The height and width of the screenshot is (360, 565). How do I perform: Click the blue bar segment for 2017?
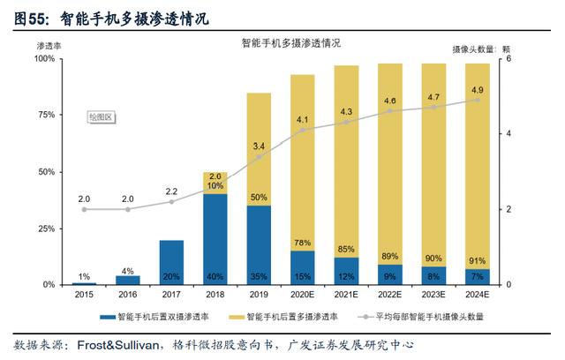coord(171,262)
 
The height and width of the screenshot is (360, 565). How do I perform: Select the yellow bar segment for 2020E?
coord(302,162)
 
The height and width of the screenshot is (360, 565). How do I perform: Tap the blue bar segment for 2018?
coord(215,239)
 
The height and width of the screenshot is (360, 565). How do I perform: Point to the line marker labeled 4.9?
coord(478,100)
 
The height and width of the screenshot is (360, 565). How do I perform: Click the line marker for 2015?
coord(84,209)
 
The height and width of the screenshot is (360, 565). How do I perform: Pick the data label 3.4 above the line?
coord(259,146)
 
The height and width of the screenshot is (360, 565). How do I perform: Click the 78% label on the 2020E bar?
coord(302,243)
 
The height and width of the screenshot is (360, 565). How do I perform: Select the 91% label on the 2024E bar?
coord(477,260)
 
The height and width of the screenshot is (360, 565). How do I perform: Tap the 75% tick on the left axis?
coord(47,115)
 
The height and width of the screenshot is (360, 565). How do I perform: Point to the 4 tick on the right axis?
coord(508,133)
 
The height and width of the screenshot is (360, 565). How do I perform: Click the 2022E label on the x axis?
coord(390,295)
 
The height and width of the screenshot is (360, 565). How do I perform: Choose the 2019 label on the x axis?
coord(259,295)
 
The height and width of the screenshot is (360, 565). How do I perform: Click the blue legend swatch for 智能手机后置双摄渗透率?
coord(108,317)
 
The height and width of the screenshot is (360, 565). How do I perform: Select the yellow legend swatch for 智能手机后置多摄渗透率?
coord(237,317)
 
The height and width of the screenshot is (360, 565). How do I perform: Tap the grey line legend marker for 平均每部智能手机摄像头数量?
coord(365,317)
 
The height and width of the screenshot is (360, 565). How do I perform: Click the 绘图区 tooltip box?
coord(102,117)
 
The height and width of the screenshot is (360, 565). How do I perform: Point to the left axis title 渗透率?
coord(49,46)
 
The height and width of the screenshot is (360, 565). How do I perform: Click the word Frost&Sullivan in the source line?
coord(118,345)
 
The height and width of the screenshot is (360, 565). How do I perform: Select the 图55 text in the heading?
coord(30,19)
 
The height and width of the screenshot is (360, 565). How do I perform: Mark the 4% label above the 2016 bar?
coord(127,271)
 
